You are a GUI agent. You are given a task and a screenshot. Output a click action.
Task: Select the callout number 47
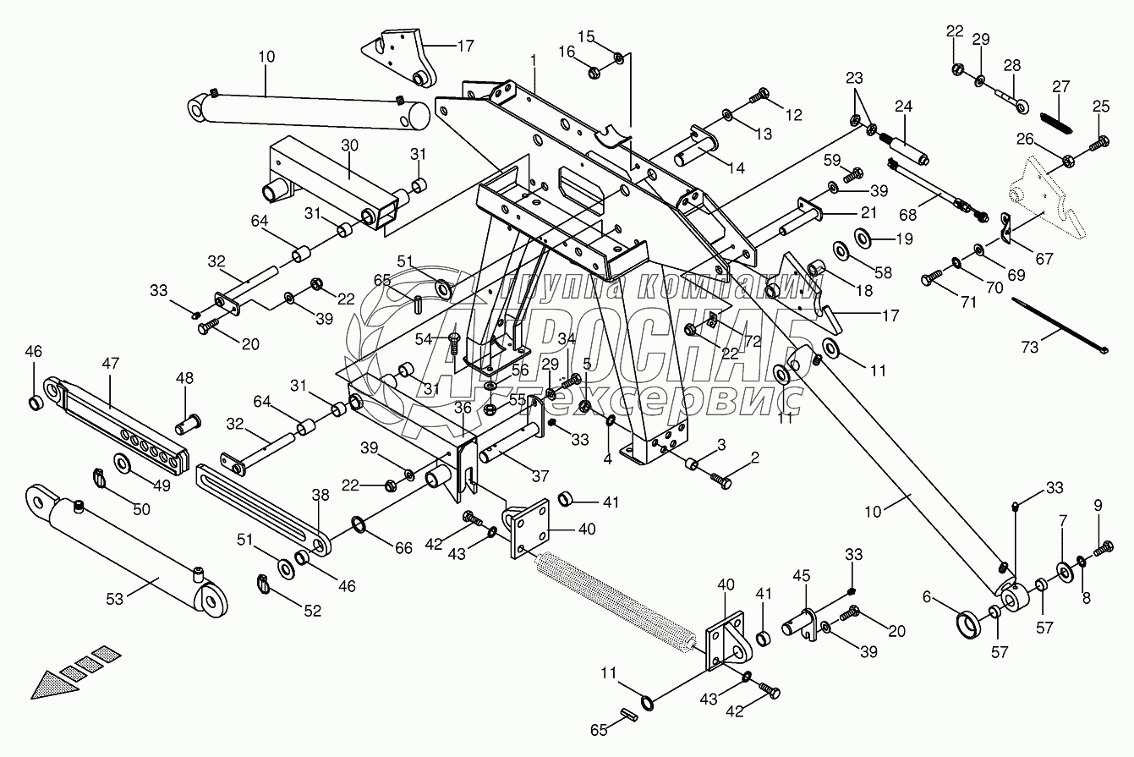click(111, 364)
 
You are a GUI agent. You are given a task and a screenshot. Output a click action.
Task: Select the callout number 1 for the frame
click(534, 62)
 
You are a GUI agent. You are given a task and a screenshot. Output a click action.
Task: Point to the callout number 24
click(903, 107)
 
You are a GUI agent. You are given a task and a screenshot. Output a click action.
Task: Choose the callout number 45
click(801, 576)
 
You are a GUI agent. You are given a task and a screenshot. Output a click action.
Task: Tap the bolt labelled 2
click(720, 480)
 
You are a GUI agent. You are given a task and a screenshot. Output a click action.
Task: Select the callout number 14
click(735, 167)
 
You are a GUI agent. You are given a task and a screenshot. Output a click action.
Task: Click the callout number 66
click(403, 549)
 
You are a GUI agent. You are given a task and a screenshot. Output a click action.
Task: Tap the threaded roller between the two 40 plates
click(617, 600)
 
